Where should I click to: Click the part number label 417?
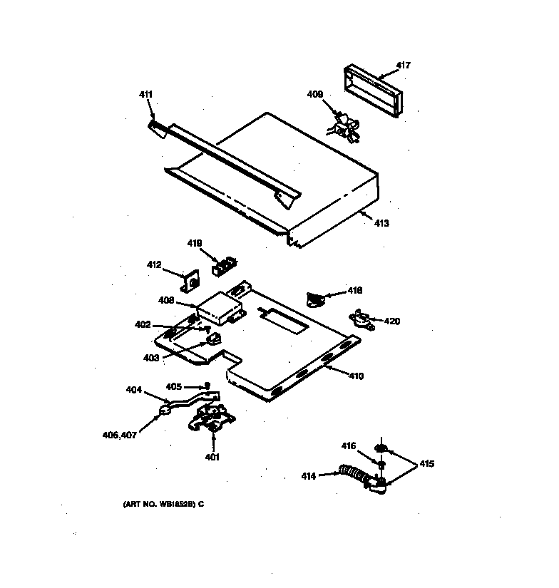point(404,66)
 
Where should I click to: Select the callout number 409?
point(314,93)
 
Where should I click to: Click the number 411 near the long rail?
point(145,94)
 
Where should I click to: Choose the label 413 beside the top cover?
point(381,223)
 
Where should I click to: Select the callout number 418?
point(355,290)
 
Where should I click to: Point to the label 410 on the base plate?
point(355,376)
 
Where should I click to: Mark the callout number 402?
point(143,325)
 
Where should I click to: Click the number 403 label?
point(150,358)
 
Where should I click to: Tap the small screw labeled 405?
point(207,386)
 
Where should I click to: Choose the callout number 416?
point(348,446)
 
